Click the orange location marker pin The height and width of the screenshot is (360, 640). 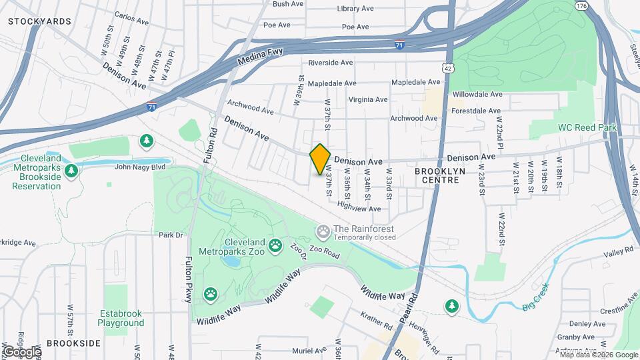pos(320,159)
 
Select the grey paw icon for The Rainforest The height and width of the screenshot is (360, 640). pos(324,231)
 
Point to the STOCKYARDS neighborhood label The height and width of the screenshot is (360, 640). pos(39,21)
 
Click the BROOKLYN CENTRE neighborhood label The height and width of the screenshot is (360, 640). pos(439,176)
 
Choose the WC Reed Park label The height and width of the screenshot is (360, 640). pos(587,127)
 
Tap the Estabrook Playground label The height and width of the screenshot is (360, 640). pos(121,318)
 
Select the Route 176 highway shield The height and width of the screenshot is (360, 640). pos(581,6)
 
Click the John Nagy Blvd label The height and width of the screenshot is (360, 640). pos(139,167)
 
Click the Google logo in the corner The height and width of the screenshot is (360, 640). pos(21,351)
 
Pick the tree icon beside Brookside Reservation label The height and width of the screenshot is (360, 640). pos(71,170)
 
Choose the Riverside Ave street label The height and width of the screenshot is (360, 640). pos(330,63)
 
